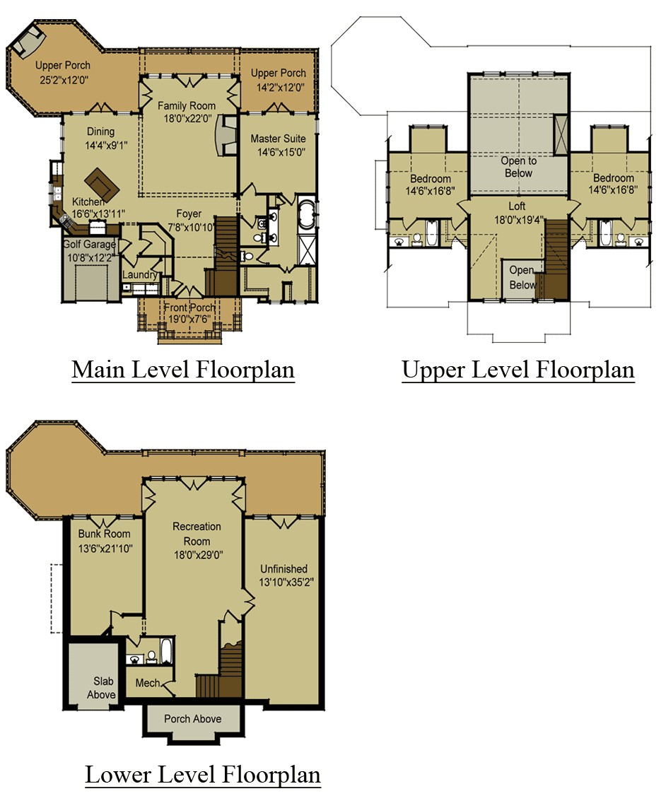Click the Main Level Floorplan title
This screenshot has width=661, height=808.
click(x=183, y=370)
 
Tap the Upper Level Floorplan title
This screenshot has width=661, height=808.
click(x=517, y=370)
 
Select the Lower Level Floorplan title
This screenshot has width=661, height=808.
click(x=202, y=775)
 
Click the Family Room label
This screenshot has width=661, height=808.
click(x=187, y=105)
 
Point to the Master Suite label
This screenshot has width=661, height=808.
click(x=279, y=139)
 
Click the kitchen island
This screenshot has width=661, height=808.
click(x=103, y=184)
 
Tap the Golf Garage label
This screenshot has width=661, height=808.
click(x=89, y=245)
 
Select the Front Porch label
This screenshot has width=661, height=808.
click(x=189, y=308)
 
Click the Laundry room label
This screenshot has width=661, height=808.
click(x=139, y=275)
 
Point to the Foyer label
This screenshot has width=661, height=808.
click(x=189, y=213)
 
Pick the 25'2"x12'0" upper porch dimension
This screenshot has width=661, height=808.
click(x=64, y=80)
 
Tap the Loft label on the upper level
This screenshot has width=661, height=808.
click(x=517, y=206)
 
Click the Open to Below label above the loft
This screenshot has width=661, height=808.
click(x=519, y=167)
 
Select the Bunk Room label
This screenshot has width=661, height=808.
click(x=104, y=534)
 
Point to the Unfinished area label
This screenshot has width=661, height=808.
click(x=284, y=569)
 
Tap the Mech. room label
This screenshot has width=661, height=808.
click(x=148, y=683)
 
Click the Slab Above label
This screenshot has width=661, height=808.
click(x=102, y=688)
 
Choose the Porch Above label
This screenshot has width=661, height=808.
click(x=193, y=719)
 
